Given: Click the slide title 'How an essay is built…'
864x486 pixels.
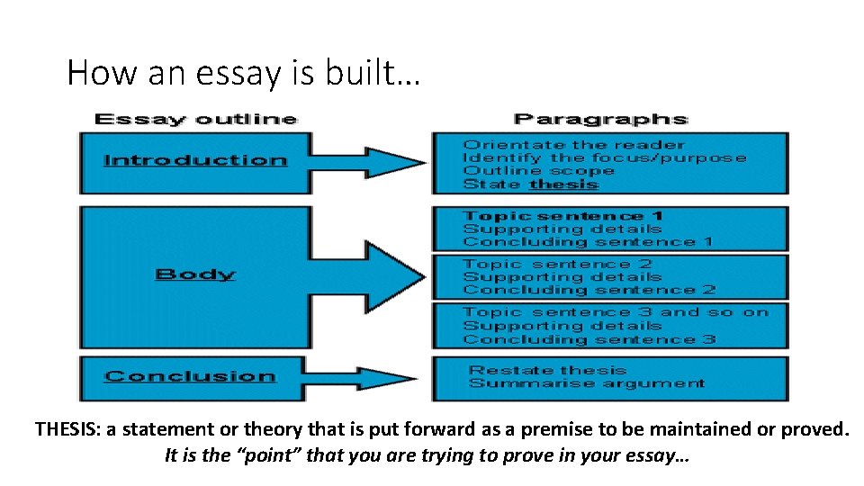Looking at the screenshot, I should point(243,72).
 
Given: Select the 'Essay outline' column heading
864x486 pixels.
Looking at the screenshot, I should point(195,119).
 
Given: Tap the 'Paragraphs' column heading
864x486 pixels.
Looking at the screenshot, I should point(600,119).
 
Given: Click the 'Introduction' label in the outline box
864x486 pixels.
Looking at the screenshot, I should point(195,161).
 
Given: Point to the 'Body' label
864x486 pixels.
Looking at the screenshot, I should point(195,274).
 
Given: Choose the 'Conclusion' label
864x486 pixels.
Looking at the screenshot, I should point(190,377).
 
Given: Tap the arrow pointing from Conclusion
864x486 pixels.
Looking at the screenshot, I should point(369,377).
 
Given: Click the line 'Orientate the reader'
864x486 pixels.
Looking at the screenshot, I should point(573,145).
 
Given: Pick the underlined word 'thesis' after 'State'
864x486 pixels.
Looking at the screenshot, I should point(564,184).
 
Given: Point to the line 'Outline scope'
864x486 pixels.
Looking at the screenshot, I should point(538,171).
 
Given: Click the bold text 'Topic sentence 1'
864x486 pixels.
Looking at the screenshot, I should point(562,216).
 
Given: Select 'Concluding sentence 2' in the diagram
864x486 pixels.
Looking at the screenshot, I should point(589,290).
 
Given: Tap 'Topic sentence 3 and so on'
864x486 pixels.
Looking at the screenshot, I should point(616,312).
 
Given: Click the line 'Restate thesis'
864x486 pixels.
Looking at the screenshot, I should point(547,370).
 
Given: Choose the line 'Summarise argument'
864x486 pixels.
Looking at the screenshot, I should point(586,383).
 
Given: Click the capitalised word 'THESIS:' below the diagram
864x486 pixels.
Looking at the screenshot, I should point(67,429).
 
